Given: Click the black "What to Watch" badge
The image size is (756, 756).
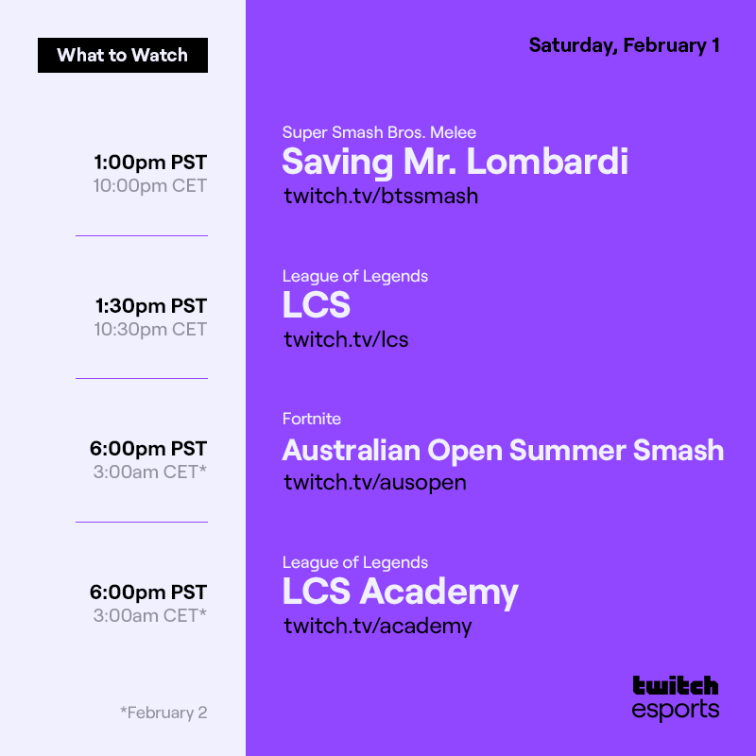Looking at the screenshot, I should tap(123, 55).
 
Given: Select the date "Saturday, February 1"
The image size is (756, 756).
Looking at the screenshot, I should tap(624, 45).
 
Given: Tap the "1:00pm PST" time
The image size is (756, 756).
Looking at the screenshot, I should tap(150, 162).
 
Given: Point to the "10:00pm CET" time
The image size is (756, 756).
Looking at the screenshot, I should tap(149, 185).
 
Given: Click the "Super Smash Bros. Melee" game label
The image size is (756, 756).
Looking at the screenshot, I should tap(379, 132).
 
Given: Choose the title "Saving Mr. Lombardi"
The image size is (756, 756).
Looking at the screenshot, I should tap(455, 163).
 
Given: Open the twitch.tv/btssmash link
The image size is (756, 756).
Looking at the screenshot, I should tap(381, 196).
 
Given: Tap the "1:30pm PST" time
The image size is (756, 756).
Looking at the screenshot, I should tap(150, 305).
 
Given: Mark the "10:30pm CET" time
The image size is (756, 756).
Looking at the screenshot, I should tap(149, 329).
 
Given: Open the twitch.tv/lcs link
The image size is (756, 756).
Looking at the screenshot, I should tap(346, 339).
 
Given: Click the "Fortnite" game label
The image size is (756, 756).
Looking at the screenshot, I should tap(312, 419).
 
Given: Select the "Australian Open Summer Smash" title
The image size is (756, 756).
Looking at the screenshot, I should tap(503, 450).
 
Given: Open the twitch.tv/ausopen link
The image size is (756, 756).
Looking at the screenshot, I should tap(375, 482).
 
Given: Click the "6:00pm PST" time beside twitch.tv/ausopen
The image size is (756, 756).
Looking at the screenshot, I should tap(148, 448).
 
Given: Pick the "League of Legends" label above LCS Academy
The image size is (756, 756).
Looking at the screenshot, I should tap(355, 562).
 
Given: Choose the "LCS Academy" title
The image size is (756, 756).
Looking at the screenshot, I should tap(400, 593).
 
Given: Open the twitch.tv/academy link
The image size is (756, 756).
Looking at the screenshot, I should tap(377, 626).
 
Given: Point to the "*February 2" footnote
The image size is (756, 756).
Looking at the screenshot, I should tap(163, 713).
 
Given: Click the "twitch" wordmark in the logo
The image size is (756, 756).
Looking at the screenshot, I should tap(675, 686).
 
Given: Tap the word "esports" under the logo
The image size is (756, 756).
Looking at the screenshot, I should tap(675, 710).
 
